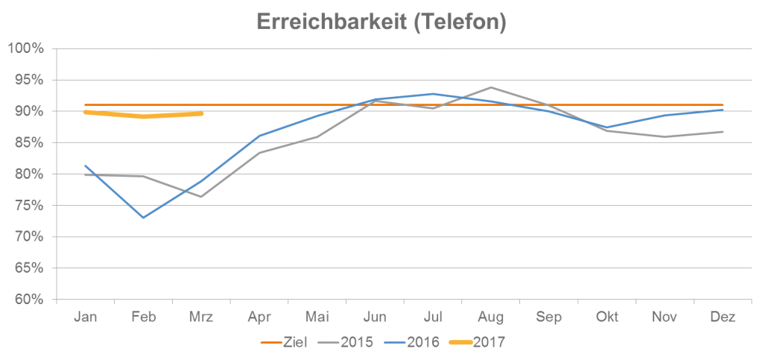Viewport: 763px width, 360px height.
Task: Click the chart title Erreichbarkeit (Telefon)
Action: pyautogui.click(x=381, y=22)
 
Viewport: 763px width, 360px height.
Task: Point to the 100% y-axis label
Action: pyautogui.click(x=27, y=48)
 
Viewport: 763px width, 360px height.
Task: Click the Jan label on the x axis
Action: pyautogui.click(x=86, y=318)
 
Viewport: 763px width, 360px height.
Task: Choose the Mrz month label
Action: pyautogui.click(x=201, y=318)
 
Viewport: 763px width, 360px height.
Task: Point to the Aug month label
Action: pyautogui.click(x=491, y=318)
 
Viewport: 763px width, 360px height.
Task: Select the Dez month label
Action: pyautogui.click(x=723, y=318)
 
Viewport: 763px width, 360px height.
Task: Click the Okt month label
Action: pyautogui.click(x=607, y=318)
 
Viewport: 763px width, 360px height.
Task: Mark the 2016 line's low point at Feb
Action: pyautogui.click(x=144, y=218)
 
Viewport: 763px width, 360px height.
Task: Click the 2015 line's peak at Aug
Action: pyautogui.click(x=491, y=87)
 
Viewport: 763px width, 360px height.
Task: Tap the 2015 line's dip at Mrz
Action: pyautogui.click(x=201, y=197)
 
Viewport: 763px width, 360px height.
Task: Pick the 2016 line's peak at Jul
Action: pyautogui.click(x=433, y=94)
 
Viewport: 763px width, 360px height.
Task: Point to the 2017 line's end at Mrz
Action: pyautogui.click(x=202, y=114)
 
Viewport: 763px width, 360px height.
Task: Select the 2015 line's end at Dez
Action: pyautogui.click(x=723, y=132)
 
